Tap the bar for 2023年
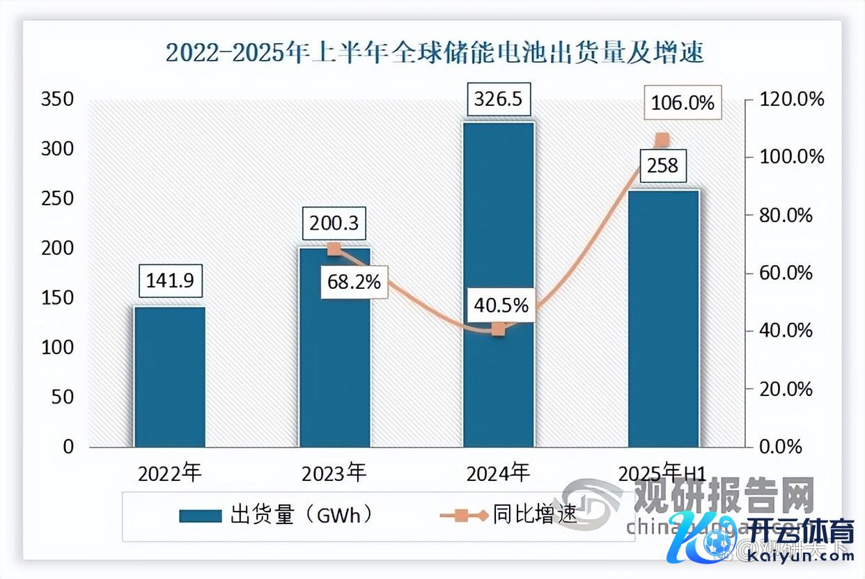click(335, 348)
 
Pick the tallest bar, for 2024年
click(499, 285)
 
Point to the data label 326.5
click(499, 100)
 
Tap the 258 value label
click(659, 167)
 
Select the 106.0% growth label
click(683, 104)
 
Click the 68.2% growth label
click(354, 282)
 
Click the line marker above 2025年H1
click(662, 140)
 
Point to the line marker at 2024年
click(498, 329)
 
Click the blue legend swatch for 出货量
click(200, 516)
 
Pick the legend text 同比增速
click(535, 515)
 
